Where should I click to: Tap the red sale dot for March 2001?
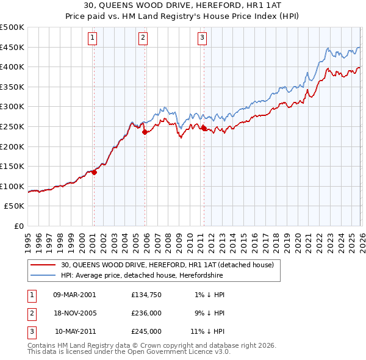coord(95,172)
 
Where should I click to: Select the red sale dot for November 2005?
coord(145,132)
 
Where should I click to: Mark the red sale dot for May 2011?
coord(204,128)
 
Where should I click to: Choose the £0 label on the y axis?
coord(20,226)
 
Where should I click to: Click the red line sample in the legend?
coord(45,265)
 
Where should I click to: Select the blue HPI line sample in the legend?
coord(45,276)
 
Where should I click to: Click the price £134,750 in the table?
coord(146,294)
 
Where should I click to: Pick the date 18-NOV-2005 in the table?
coord(75,313)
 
